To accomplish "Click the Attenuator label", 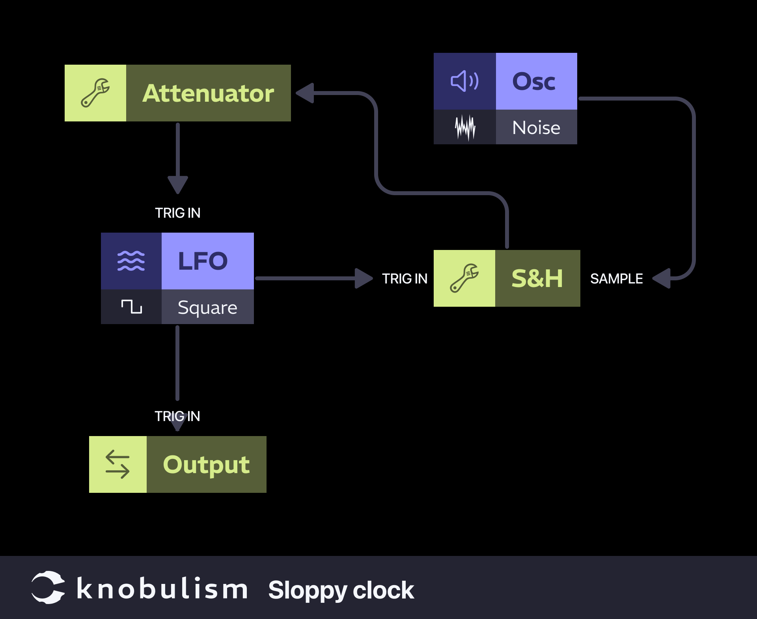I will (208, 93).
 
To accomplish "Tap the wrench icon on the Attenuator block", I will (95, 93).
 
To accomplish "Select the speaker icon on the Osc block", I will (464, 81).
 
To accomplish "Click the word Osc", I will (534, 81).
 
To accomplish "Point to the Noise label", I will (536, 128).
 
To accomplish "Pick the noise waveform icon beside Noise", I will (465, 127).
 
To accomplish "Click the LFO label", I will (203, 261).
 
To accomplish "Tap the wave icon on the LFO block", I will (131, 261).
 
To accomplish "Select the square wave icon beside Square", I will (131, 307).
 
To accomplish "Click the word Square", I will (207, 308).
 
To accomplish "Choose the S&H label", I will (537, 278).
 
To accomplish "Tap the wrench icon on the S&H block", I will (464, 278).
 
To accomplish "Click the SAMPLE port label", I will (616, 279).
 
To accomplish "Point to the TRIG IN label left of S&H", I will (405, 279).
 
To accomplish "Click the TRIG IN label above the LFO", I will (177, 213).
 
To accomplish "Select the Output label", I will (206, 464).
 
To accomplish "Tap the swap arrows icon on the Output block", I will (117, 464).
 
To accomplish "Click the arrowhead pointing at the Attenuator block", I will (306, 93).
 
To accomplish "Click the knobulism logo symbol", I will (48, 587).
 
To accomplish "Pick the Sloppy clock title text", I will (341, 590).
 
